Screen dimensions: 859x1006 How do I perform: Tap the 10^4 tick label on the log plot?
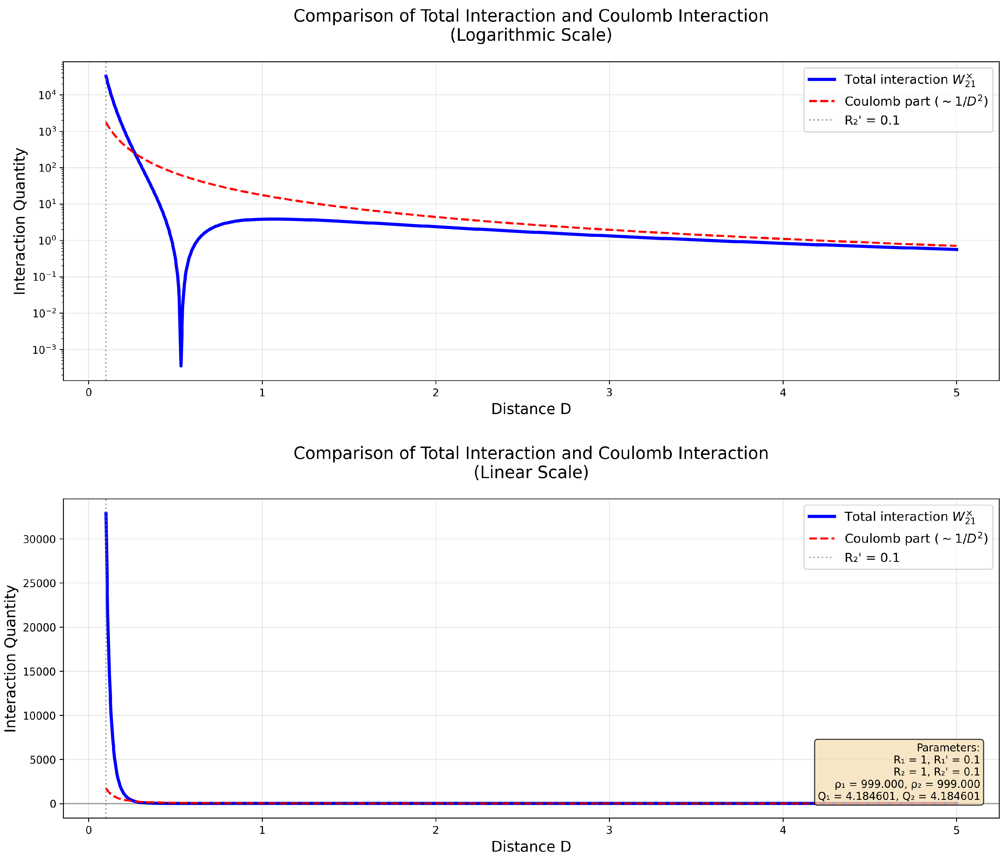(x=47, y=95)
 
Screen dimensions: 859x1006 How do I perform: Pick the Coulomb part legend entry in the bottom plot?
(x=916, y=539)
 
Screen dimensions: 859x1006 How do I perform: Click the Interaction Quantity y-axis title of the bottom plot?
(x=11, y=659)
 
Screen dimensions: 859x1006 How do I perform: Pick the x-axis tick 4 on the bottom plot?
(x=783, y=830)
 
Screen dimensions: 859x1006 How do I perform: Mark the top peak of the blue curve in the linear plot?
(x=106, y=513)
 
